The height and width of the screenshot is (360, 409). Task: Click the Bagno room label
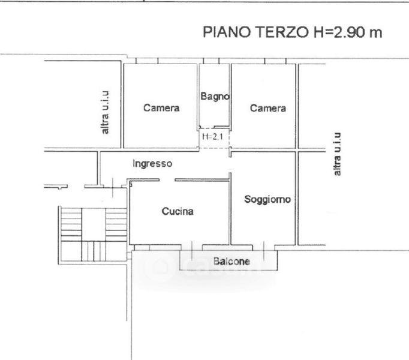pyautogui.click(x=215, y=97)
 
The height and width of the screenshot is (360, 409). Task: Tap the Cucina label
pyautogui.click(x=178, y=211)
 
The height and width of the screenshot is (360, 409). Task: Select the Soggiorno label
pyautogui.click(x=267, y=200)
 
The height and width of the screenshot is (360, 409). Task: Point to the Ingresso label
pyautogui.click(x=152, y=164)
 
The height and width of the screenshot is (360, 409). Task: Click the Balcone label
pyautogui.click(x=231, y=261)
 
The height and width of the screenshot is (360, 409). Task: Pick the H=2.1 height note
pyautogui.click(x=212, y=137)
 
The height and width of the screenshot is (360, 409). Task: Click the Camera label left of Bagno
pyautogui.click(x=161, y=108)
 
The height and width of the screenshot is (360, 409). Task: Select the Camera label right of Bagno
pyautogui.click(x=268, y=108)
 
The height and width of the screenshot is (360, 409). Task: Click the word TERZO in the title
pyautogui.click(x=281, y=32)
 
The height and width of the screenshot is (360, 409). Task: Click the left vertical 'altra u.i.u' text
pyautogui.click(x=105, y=113)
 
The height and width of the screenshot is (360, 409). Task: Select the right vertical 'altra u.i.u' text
pyautogui.click(x=337, y=154)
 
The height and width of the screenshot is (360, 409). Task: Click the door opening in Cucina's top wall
pyautogui.click(x=167, y=180)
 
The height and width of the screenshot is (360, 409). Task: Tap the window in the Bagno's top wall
pyautogui.click(x=211, y=61)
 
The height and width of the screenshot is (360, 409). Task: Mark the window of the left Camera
pyautogui.click(x=147, y=61)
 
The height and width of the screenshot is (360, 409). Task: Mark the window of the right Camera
pyautogui.click(x=275, y=61)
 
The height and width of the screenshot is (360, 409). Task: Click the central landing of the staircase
pyautogui.click(x=94, y=224)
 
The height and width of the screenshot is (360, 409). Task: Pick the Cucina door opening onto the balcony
pyautogui.click(x=192, y=247)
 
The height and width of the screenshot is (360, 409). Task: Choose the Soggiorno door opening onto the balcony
pyautogui.click(x=264, y=247)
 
